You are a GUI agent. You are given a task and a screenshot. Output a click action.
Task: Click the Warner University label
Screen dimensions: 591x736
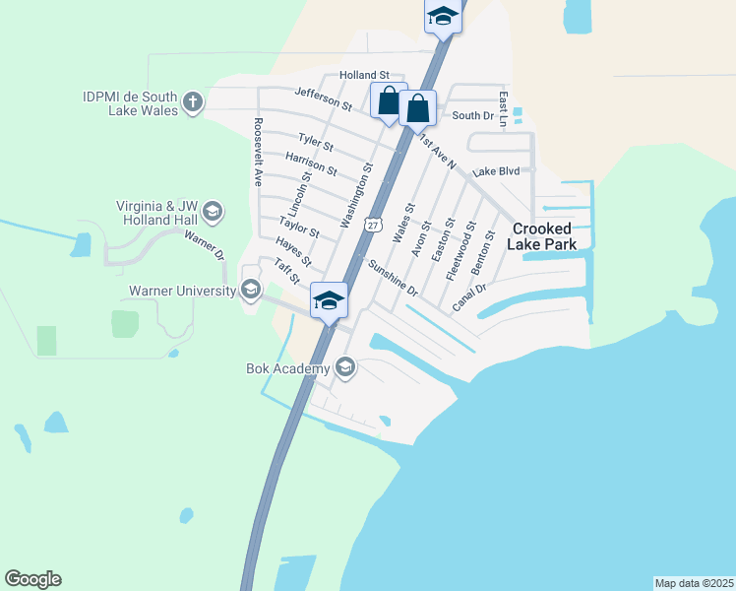183,292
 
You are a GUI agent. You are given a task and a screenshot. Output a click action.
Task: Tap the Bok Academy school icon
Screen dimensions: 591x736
344,368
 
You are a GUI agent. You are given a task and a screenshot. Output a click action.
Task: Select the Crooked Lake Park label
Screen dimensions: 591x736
542,236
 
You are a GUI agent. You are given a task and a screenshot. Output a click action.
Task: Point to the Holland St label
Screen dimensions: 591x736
365,75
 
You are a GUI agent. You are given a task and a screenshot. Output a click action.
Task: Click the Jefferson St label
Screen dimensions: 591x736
323,98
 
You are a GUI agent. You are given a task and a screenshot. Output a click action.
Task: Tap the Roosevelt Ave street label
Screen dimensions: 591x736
258,152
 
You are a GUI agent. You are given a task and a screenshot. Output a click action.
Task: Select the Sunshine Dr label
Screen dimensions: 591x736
393,279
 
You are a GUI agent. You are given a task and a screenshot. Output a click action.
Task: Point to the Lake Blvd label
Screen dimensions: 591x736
495,171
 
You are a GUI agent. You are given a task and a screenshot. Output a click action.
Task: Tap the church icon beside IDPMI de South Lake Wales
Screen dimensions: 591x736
193,100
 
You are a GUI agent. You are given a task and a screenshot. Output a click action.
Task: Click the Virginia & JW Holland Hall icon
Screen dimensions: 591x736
213,211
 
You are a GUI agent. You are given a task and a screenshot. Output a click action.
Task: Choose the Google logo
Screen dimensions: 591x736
32,579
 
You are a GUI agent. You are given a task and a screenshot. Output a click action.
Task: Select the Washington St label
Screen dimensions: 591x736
356,196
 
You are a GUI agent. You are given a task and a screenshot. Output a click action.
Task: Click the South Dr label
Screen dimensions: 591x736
472,116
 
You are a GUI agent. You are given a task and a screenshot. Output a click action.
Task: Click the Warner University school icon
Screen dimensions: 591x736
250,289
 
